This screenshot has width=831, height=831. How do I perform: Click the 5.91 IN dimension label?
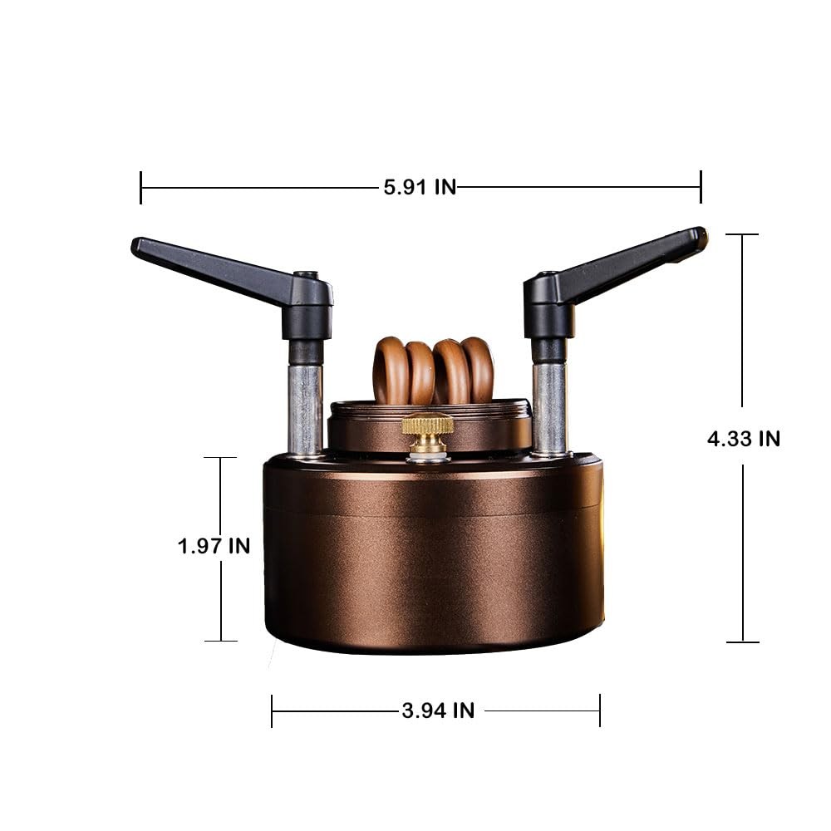click(420, 187)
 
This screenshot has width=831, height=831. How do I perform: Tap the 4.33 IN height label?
click(743, 438)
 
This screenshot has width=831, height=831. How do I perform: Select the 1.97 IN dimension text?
click(214, 546)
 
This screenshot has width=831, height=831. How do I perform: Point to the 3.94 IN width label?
click(438, 711)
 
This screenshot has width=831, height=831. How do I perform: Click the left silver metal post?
click(305, 407)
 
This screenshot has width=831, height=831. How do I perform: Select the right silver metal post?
click(549, 407)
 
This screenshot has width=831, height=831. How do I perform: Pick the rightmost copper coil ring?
click(479, 369)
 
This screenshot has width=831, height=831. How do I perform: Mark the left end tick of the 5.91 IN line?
click(141, 187)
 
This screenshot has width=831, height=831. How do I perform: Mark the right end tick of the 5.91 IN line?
click(701, 187)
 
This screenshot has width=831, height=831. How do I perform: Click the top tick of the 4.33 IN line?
click(742, 234)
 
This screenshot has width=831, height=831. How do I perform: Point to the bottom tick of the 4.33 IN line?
click(742, 642)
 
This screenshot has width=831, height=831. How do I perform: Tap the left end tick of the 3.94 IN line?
click(273, 711)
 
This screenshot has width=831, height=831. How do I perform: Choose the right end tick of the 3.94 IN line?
click(599, 711)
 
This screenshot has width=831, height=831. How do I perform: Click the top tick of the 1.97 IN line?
click(220, 458)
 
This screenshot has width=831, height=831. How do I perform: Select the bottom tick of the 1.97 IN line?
click(220, 640)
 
